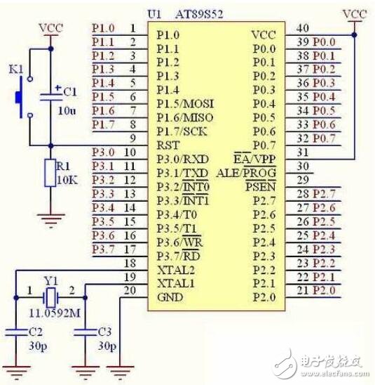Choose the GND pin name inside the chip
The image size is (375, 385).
(x=172, y=298)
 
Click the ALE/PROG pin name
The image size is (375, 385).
(x=249, y=172)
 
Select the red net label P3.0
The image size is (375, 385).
(x=103, y=152)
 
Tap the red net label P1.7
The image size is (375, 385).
(x=103, y=124)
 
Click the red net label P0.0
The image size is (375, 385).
(x=324, y=41)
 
